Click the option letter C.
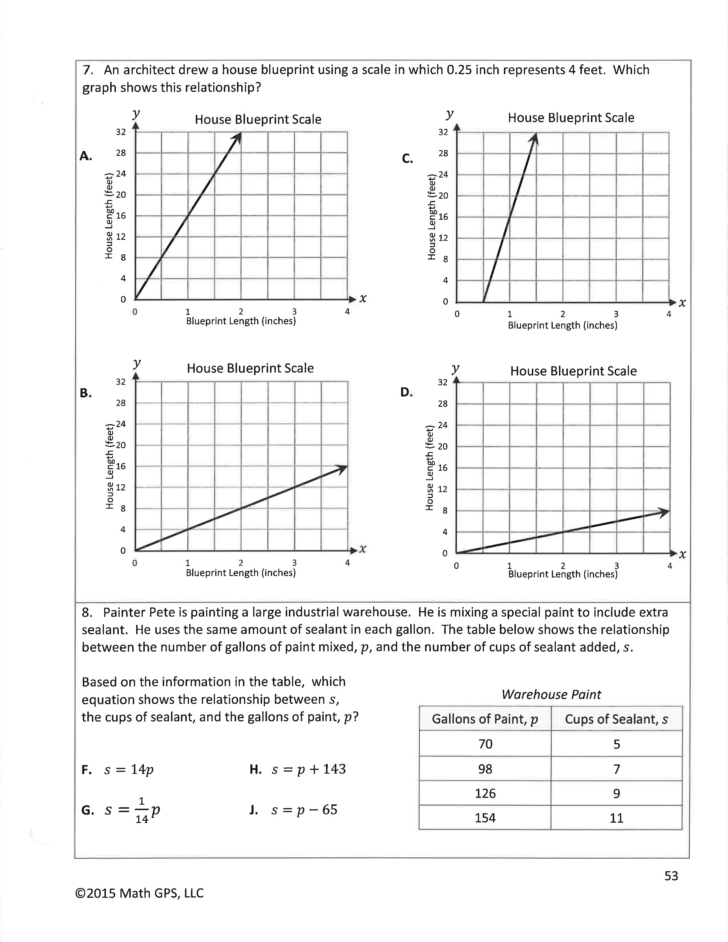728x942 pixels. (407, 159)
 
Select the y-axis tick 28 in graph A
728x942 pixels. (121, 153)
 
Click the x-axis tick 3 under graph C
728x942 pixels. (616, 314)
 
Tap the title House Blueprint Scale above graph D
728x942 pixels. (573, 371)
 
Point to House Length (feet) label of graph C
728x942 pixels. (431, 217)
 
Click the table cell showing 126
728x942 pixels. (485, 793)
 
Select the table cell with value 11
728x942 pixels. (616, 818)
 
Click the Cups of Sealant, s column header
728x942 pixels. (616, 719)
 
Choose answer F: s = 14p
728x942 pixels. (128, 770)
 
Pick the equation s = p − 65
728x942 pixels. (304, 810)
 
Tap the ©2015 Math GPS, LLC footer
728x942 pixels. (139, 893)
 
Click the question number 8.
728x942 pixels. (87, 613)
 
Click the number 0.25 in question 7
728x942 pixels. (459, 70)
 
